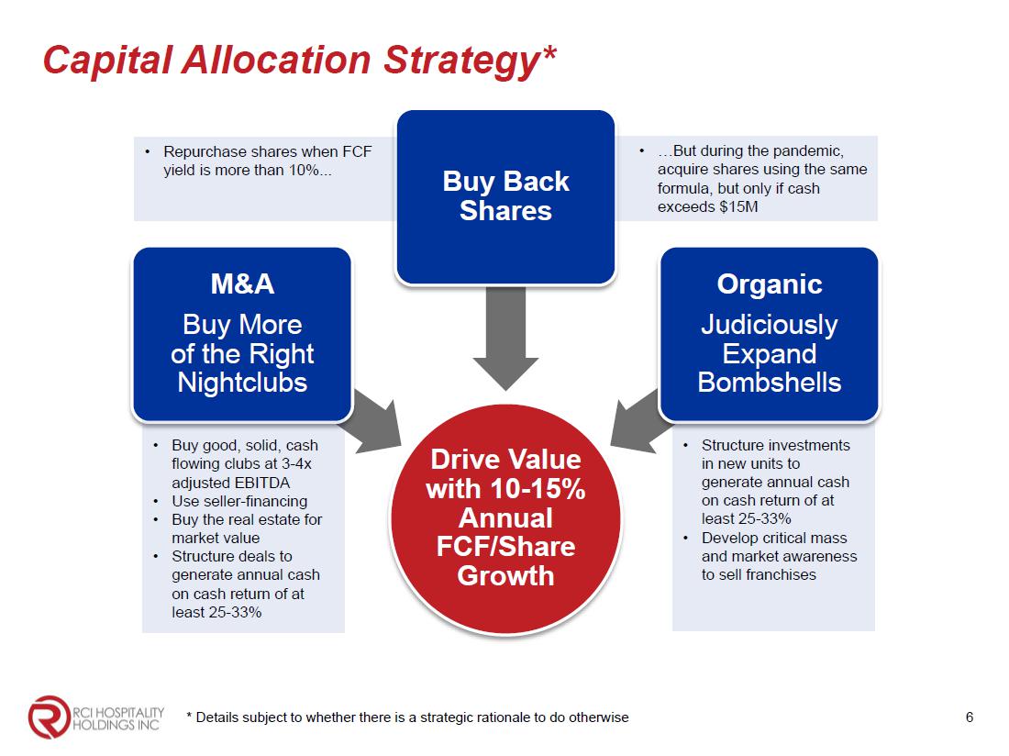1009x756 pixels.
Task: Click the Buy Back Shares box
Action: [x=505, y=197]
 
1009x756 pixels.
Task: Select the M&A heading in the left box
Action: [x=242, y=283]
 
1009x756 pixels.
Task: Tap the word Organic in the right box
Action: [x=770, y=283]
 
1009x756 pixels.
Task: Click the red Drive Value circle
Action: [x=505, y=518]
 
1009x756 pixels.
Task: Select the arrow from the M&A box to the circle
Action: [x=373, y=421]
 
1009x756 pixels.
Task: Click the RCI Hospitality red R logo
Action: [x=49, y=717]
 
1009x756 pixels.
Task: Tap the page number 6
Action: [x=970, y=717]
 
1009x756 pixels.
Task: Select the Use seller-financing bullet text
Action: [x=239, y=501]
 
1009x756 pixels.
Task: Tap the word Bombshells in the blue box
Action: [x=770, y=383]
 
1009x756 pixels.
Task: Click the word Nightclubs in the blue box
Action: [x=242, y=383]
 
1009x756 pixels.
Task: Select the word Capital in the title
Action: [x=107, y=61]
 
